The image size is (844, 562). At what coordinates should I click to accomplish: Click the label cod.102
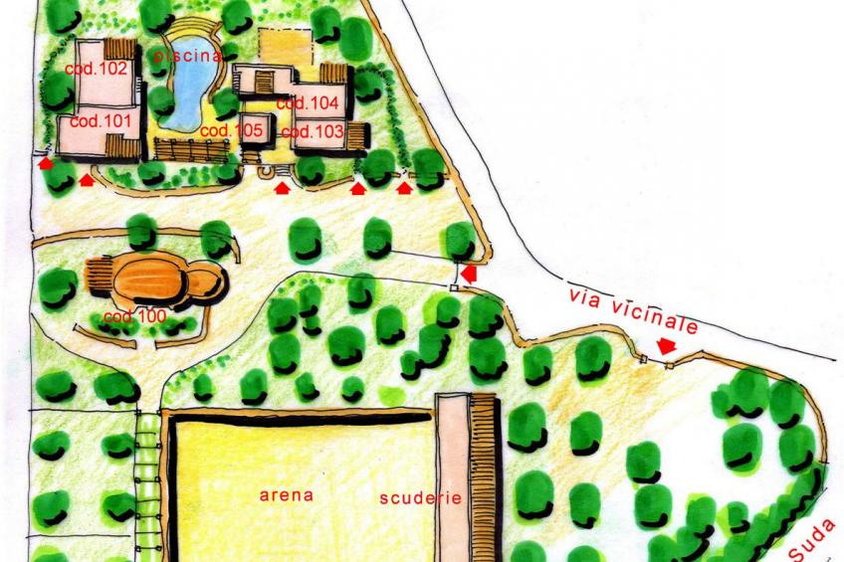point(96,70)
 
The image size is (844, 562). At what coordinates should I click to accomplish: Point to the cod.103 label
point(313,131)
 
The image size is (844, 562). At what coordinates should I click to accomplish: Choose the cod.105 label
point(231,131)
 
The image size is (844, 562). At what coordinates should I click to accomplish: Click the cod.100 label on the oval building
point(133,317)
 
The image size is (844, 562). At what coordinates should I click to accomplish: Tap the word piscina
point(187,58)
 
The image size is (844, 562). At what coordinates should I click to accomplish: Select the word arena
point(287,494)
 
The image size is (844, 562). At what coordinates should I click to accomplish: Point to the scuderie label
point(421,498)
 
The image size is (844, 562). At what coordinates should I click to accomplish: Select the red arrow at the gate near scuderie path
point(469,271)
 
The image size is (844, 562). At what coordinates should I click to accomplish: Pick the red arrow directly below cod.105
point(282,186)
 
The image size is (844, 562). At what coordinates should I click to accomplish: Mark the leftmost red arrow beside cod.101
point(46,165)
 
